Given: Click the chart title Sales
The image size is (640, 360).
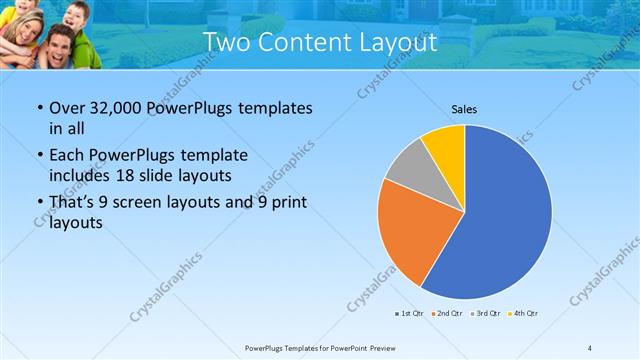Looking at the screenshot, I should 464,108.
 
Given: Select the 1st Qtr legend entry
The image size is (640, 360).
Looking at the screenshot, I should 409,314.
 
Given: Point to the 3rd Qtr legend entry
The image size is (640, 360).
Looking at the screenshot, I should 485,314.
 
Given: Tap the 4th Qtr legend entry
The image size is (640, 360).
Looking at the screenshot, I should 524,314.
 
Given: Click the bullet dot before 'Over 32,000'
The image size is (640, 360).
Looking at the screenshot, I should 38,109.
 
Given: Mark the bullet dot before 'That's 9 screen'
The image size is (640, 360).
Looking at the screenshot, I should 38,203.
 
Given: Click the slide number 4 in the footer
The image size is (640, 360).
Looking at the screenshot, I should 590,347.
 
